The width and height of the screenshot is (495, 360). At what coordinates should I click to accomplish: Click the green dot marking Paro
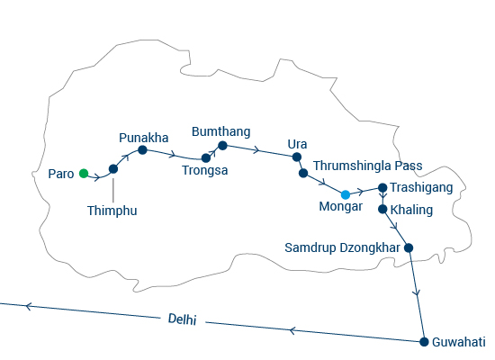84,174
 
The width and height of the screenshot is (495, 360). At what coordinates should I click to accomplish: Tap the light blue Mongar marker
346,194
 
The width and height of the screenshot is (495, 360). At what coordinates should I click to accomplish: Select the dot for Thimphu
113,169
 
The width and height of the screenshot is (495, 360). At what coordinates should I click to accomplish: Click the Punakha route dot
143,149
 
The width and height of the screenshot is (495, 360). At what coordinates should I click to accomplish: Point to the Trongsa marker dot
206,157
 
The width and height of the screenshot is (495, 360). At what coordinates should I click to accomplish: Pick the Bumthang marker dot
222,146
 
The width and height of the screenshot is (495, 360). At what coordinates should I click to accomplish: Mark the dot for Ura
297,157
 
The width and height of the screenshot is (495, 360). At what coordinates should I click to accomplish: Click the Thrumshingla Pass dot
303,173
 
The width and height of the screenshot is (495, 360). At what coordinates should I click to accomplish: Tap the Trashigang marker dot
382,187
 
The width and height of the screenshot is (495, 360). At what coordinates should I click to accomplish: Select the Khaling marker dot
382,209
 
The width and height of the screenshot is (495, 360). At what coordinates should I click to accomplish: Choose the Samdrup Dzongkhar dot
409,247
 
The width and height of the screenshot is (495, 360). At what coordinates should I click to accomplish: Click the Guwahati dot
424,342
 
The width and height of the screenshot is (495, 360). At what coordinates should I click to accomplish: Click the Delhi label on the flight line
183,319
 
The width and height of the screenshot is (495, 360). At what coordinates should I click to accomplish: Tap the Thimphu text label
112,211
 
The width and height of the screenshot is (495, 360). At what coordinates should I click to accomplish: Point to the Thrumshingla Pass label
368,166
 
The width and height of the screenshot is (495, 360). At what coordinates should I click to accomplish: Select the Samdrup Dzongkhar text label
343,247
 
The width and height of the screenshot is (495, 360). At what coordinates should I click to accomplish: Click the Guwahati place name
459,342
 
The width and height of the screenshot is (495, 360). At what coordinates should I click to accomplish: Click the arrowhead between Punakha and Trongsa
173,155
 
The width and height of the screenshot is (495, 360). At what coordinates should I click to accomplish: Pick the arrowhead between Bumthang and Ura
256,149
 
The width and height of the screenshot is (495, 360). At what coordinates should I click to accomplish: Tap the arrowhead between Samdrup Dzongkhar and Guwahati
418,293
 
